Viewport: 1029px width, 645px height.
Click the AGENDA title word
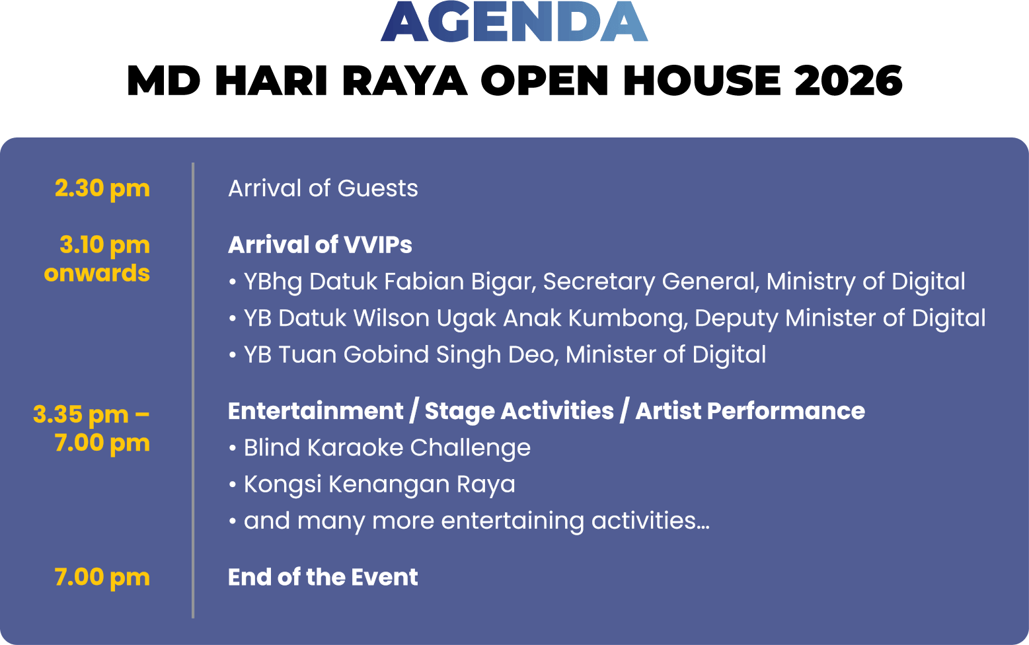point(514,21)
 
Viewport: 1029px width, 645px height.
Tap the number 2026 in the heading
point(848,81)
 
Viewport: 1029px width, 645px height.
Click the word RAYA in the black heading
point(404,81)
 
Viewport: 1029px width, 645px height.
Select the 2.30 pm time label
point(102,189)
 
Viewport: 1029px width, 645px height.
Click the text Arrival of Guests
point(323,188)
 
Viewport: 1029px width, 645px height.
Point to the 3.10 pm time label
point(104,245)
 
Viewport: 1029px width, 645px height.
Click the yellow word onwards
point(97,273)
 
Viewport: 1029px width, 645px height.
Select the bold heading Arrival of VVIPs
point(320,245)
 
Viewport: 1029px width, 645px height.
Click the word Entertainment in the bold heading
point(316,410)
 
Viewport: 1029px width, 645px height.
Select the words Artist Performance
point(750,410)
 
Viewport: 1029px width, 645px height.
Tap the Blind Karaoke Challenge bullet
point(387,447)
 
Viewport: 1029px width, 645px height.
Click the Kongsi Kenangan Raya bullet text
point(379,484)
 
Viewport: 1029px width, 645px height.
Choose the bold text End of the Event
point(323,577)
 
